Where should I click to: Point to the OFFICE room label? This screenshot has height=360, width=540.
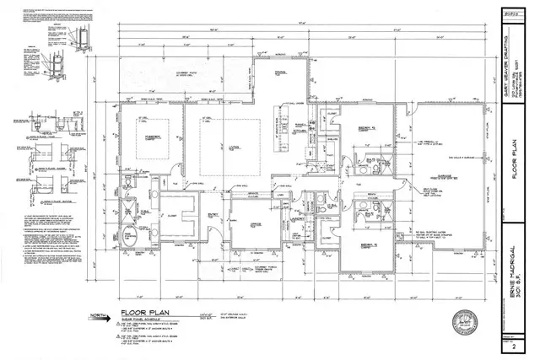point(251,223)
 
